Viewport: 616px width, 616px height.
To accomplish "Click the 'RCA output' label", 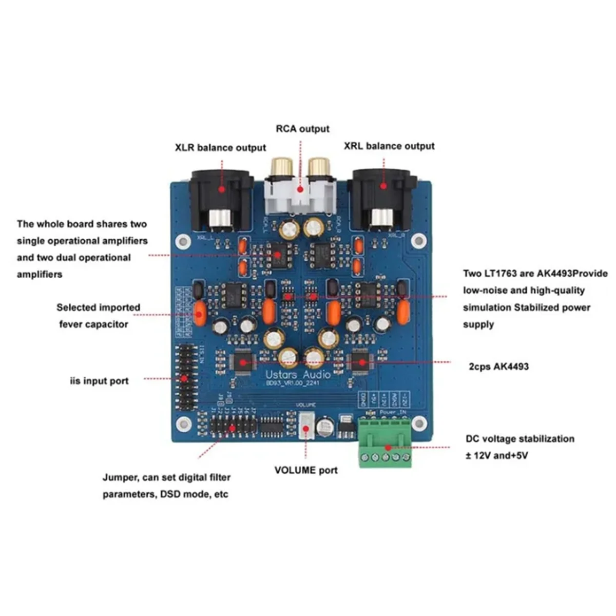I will pyautogui.click(x=302, y=128).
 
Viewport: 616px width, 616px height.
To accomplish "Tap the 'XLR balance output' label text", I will pyautogui.click(x=220, y=148).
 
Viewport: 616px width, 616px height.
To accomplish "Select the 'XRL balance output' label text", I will pyautogui.click(x=389, y=146).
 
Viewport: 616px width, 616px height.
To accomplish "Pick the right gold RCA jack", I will pyautogui.click(x=319, y=166).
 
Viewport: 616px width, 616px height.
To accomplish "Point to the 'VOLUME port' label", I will pyautogui.click(x=306, y=470).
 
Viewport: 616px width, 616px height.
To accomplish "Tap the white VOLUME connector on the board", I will pyautogui.click(x=306, y=426).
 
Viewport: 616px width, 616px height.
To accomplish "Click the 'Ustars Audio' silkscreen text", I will pyautogui.click(x=298, y=374).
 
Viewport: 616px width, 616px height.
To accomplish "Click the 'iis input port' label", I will pyautogui.click(x=99, y=381).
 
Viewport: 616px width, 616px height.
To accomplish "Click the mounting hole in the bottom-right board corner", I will pyautogui.click(x=419, y=423).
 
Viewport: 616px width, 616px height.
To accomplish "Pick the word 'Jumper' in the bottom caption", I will pyautogui.click(x=119, y=477).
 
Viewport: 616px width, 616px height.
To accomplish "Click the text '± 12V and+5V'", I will pyautogui.click(x=497, y=455).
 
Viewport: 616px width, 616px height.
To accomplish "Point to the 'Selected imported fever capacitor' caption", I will pyautogui.click(x=98, y=316).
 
